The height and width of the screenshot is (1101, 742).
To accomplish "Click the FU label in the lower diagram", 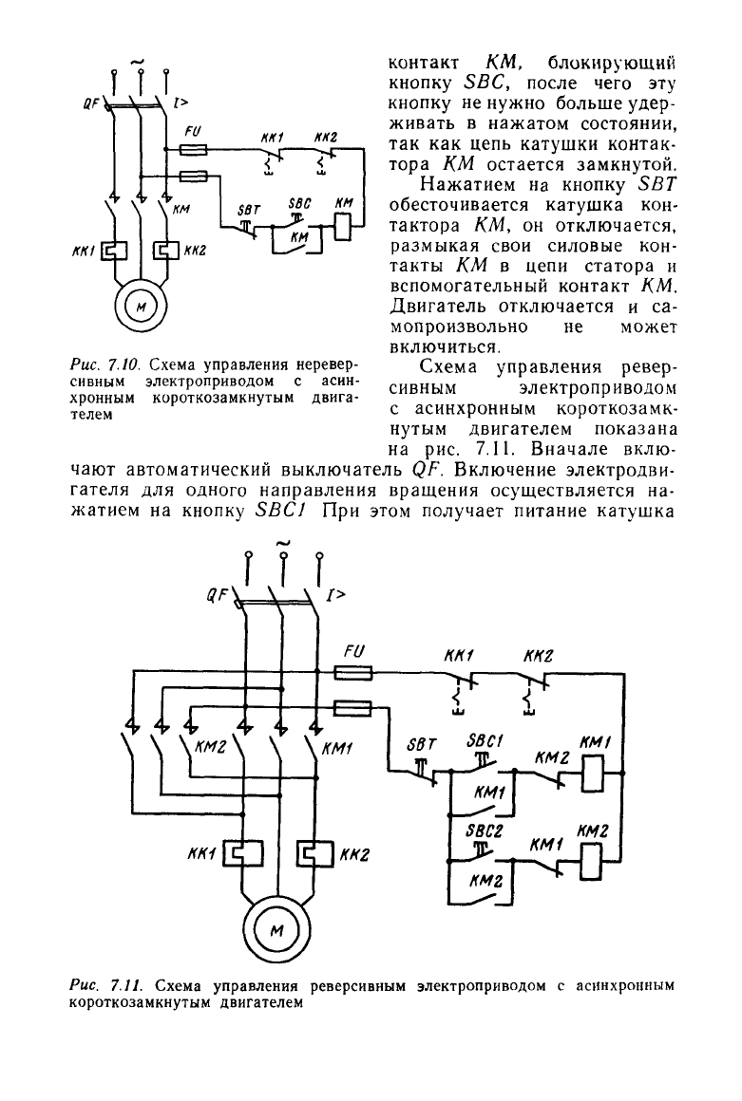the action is (x=354, y=652).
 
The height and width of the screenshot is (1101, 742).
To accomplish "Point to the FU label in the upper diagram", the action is (x=193, y=131).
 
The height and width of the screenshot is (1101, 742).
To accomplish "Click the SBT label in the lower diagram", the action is (x=422, y=744).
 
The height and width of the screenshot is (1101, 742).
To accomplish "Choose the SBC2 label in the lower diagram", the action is (x=485, y=830).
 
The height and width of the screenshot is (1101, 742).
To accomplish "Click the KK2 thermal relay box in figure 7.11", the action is (x=315, y=853).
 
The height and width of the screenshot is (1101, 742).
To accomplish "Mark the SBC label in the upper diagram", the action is (x=300, y=204).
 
